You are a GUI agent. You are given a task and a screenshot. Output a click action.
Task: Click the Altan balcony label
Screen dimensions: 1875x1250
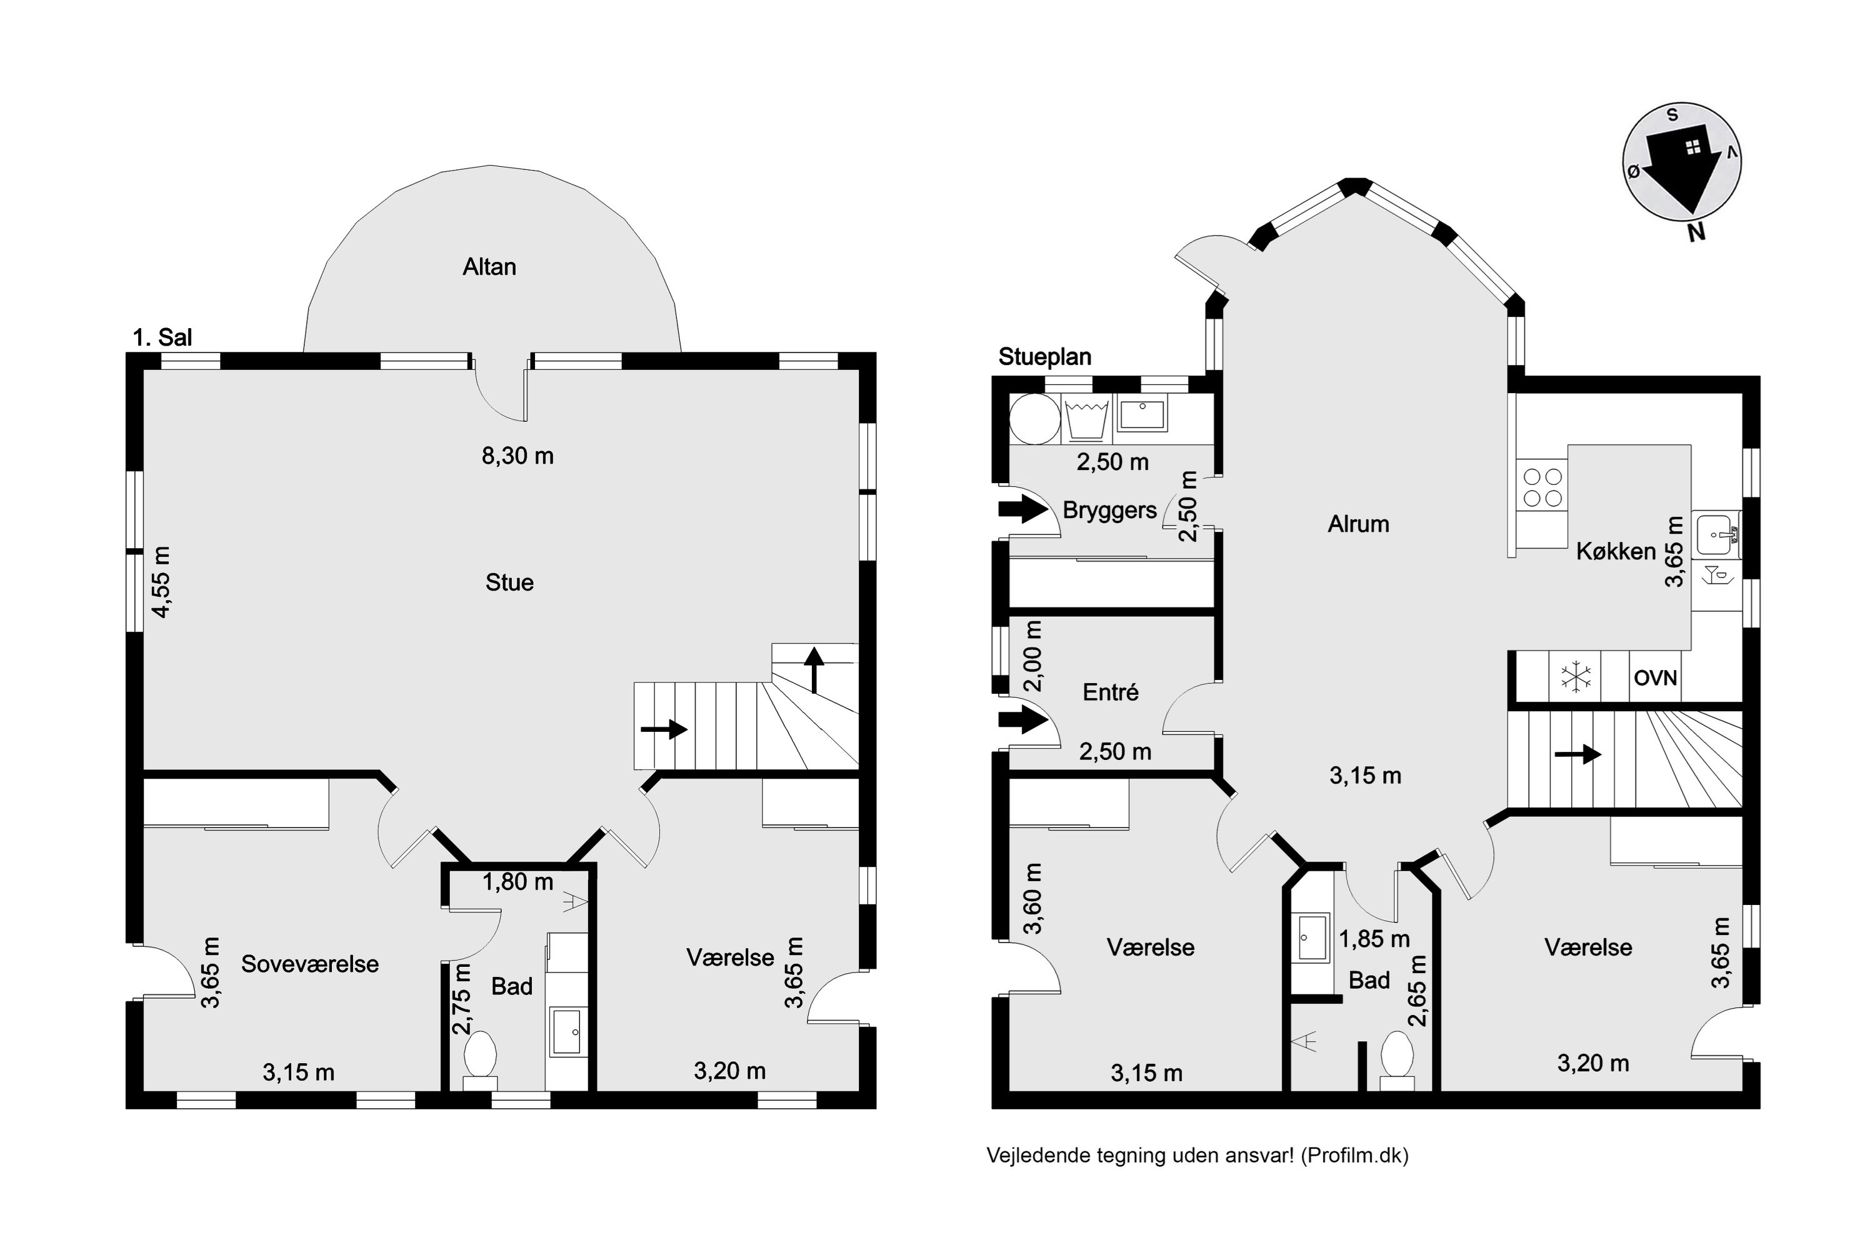(489, 266)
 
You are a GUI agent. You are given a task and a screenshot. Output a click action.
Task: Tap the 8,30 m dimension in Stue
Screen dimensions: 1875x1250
(517, 456)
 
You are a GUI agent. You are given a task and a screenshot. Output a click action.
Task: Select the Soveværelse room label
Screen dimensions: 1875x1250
(310, 964)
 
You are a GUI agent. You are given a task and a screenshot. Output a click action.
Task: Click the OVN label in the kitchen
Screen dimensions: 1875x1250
(1656, 678)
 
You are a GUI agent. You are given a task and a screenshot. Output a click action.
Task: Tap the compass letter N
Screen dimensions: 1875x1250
(1696, 232)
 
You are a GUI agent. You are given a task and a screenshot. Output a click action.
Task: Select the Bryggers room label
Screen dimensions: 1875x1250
(1110, 510)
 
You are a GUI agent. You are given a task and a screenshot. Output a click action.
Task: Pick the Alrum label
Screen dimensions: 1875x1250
(1358, 524)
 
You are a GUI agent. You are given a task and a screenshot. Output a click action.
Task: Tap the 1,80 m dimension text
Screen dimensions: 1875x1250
(517, 882)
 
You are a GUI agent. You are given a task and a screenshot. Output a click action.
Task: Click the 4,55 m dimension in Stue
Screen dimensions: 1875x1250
(162, 582)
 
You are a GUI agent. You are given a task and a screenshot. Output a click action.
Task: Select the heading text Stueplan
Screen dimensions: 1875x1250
(1044, 357)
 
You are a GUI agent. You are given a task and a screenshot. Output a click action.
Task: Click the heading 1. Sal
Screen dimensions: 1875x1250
(162, 337)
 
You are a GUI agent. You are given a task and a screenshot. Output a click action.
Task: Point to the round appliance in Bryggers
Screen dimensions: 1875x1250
(1035, 419)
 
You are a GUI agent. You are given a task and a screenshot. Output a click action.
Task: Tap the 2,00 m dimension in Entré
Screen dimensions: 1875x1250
(1032, 656)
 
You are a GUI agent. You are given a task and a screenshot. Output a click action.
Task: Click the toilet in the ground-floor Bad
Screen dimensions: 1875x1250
(1397, 1060)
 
